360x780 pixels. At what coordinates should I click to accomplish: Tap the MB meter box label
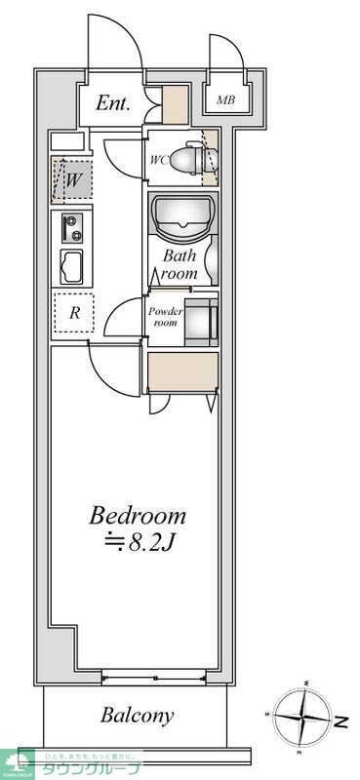coord(225,99)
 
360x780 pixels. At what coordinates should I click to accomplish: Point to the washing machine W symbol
coord(73,178)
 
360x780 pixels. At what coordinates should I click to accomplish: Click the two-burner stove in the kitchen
coord(73,227)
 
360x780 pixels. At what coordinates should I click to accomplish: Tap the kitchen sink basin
coord(73,265)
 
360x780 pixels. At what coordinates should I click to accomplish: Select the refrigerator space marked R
coord(73,313)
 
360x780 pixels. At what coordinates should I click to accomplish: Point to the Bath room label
coord(180,264)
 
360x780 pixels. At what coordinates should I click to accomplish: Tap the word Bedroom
coord(138,515)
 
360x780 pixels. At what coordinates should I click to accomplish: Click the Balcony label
coord(138,716)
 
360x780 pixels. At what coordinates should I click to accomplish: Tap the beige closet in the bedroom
coord(182,372)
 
